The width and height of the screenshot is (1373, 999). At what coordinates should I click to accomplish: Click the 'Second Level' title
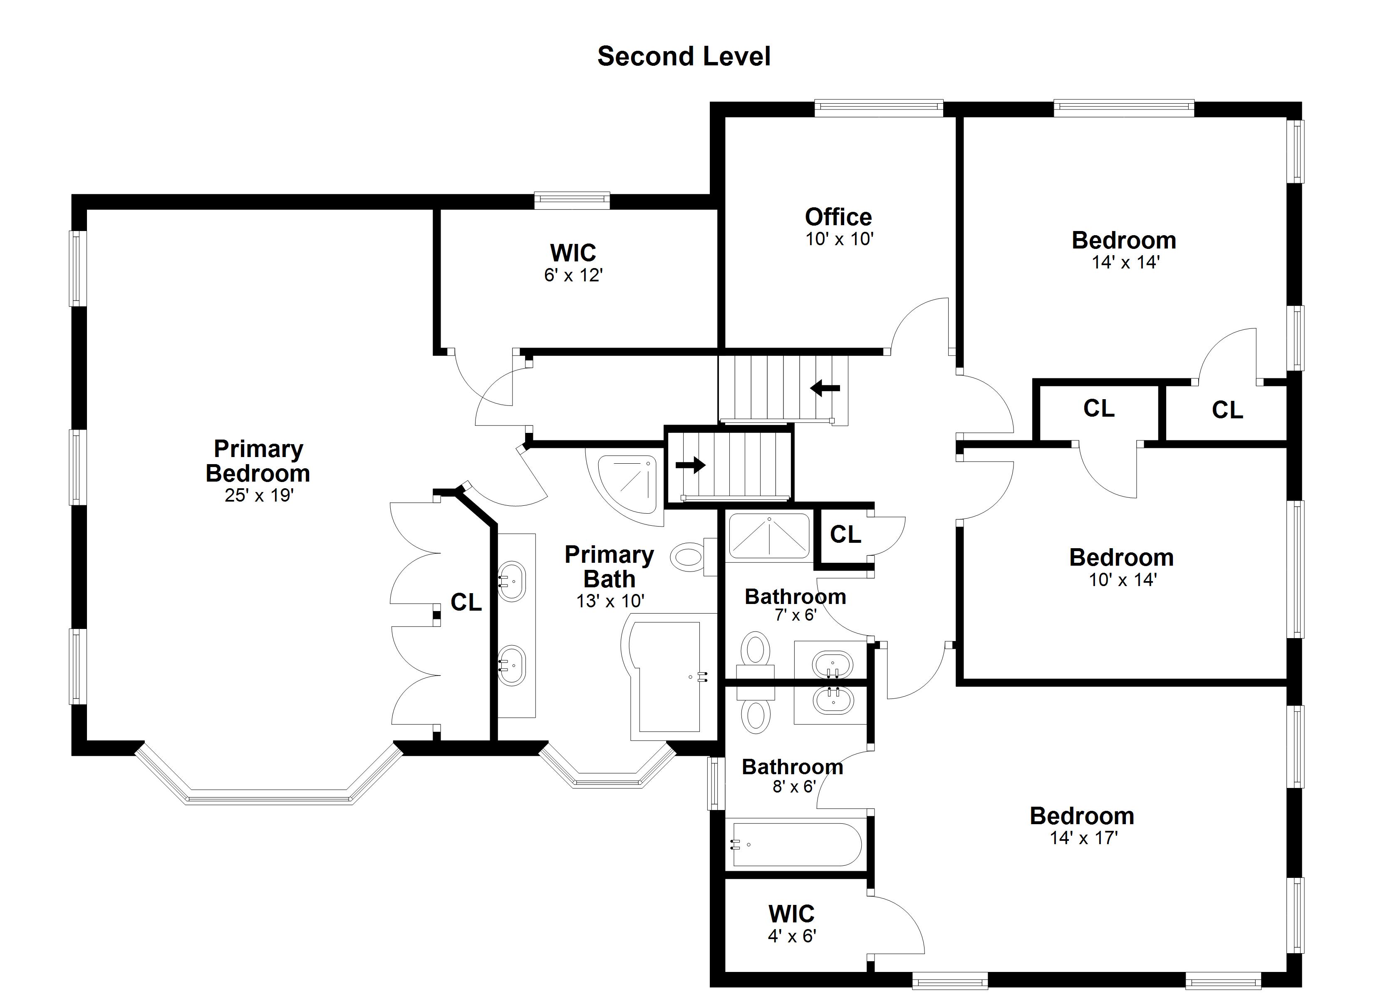pyautogui.click(x=684, y=56)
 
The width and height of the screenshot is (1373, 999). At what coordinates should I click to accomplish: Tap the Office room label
pyautogui.click(x=838, y=217)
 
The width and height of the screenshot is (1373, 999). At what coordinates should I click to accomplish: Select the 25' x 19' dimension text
pyautogui.click(x=259, y=496)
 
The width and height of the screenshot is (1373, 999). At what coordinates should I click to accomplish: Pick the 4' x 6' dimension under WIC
pyautogui.click(x=792, y=936)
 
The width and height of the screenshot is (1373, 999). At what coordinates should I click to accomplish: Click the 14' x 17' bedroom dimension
pyautogui.click(x=1083, y=838)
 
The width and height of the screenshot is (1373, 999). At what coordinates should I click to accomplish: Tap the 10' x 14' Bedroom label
pyautogui.click(x=1122, y=557)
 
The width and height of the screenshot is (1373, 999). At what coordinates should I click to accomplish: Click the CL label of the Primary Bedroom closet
pyautogui.click(x=466, y=602)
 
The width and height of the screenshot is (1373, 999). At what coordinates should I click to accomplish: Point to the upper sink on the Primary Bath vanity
pyautogui.click(x=512, y=582)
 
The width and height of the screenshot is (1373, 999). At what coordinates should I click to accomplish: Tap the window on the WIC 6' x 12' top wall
pyautogui.click(x=572, y=201)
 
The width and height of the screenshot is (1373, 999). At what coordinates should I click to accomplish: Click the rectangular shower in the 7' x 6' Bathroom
pyautogui.click(x=769, y=536)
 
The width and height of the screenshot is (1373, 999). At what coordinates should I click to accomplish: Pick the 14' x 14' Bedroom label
pyautogui.click(x=1124, y=241)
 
